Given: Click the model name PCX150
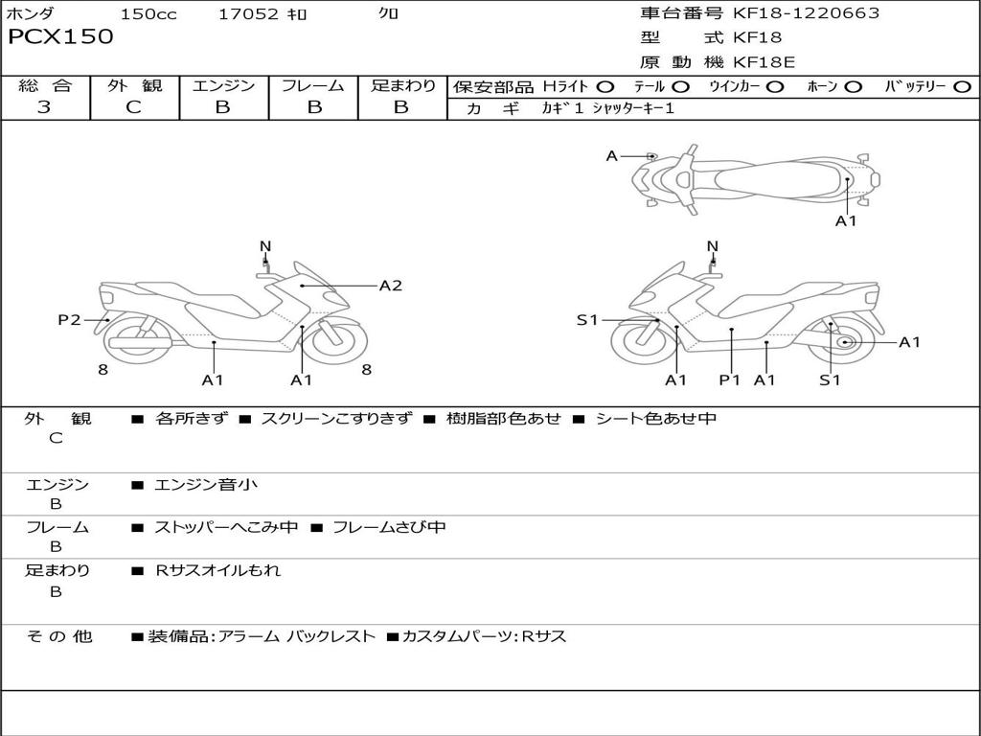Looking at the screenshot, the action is (x=60, y=37).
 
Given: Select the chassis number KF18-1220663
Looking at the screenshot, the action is (x=806, y=13).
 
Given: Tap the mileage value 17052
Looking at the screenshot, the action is (x=248, y=14).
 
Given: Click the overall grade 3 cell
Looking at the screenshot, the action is (x=44, y=107).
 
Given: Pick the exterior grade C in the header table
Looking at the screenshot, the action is (x=134, y=107).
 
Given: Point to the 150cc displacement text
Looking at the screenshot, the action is (x=148, y=14).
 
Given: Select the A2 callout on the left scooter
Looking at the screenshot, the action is (x=390, y=286).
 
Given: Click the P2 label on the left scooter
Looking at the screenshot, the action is (x=69, y=320).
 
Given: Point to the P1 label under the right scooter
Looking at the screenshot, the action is (x=730, y=380).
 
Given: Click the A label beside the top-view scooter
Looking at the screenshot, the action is (x=611, y=155).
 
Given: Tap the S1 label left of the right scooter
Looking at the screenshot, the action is (x=587, y=320).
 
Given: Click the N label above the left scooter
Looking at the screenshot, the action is (x=265, y=246).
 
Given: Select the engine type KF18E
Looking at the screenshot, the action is (x=764, y=63).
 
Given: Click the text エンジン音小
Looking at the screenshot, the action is (x=206, y=485).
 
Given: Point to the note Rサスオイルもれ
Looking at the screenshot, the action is (x=218, y=570).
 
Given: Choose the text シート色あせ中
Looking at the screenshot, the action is (x=655, y=418).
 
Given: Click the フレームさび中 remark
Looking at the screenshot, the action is (x=388, y=527).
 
